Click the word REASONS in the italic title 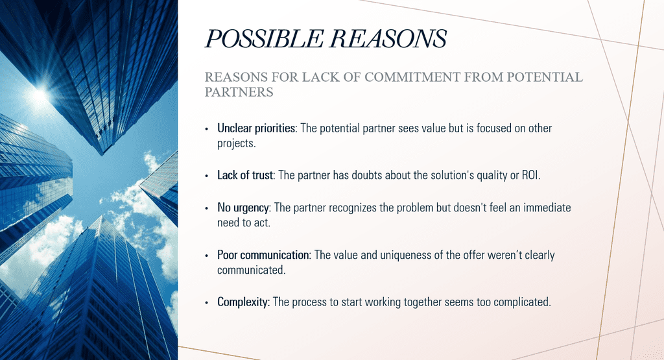pos(388,39)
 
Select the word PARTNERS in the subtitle pos(239,92)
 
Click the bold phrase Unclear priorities pos(256,128)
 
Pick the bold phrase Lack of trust pos(245,175)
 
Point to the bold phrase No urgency pos(243,208)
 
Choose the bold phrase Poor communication pos(263,255)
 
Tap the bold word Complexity pos(243,302)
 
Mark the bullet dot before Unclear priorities pos(207,128)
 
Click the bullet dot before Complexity pos(207,303)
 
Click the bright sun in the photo pos(40,95)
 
